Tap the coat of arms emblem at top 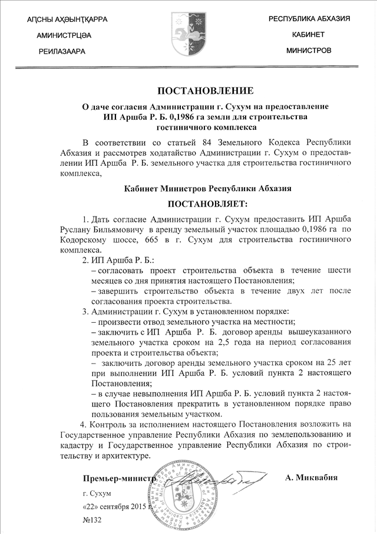pyautogui.click(x=188, y=31)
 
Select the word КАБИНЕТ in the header pyautogui.click(x=308, y=35)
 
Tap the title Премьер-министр pyautogui.click(x=119, y=477)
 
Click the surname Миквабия pyautogui.click(x=311, y=477)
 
